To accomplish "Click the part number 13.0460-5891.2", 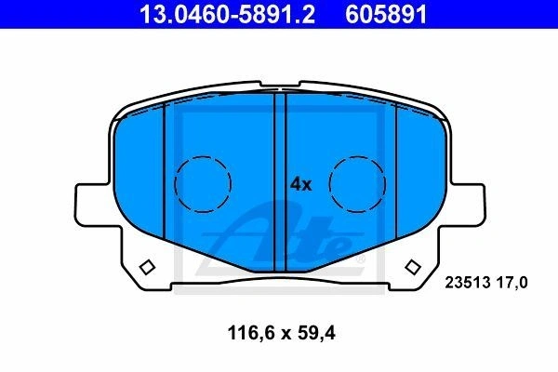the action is click(x=228, y=14).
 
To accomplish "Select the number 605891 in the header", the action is click(x=386, y=14).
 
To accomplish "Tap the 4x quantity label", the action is click(x=300, y=184).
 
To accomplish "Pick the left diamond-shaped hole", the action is click(x=147, y=267).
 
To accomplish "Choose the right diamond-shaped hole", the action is click(x=413, y=267).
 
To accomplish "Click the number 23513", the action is click(x=468, y=283).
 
